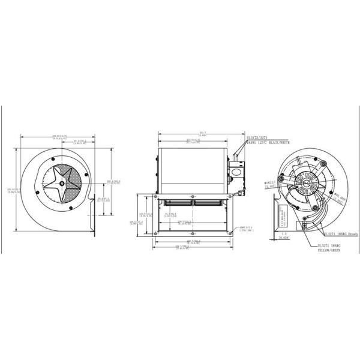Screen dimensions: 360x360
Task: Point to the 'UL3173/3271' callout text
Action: click(x=258, y=137)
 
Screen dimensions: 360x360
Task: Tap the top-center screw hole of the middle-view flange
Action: click(x=193, y=196)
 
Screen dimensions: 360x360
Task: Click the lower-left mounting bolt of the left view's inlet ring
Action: click(x=48, y=205)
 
